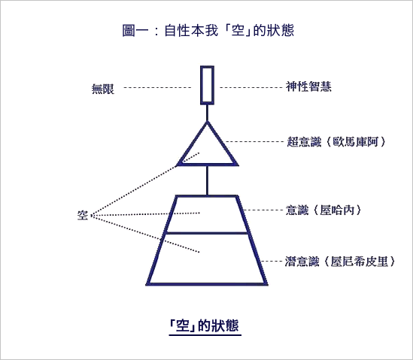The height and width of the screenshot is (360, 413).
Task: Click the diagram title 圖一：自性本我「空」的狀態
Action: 208,30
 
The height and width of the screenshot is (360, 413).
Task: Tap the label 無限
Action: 103,89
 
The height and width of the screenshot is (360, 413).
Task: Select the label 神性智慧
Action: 308,86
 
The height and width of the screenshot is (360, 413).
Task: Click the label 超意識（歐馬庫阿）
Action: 336,142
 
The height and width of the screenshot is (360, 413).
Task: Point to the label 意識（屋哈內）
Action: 323,210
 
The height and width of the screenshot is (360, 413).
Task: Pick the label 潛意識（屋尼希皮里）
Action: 340,262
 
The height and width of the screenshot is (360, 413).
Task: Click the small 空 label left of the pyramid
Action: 83,215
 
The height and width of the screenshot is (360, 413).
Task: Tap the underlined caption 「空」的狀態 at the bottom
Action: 205,325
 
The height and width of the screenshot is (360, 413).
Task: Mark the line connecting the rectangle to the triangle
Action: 208,113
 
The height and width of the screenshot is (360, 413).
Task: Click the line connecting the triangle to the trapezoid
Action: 208,180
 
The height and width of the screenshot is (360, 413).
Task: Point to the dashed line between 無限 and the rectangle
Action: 157,87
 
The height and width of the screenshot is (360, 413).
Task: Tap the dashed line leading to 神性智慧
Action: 251,87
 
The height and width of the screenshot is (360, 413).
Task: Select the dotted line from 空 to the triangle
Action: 146,184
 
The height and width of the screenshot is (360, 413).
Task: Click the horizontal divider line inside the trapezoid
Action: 207,233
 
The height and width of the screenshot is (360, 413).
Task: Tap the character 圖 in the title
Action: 129,30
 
